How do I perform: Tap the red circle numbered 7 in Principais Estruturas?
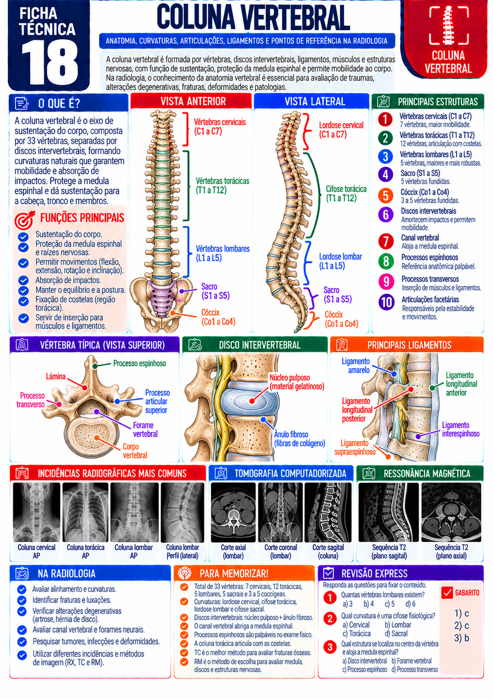point(386,241)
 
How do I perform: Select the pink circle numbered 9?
point(386,282)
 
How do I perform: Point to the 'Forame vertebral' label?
point(145,430)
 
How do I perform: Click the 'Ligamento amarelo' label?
point(355,366)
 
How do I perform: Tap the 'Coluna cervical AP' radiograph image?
point(36,512)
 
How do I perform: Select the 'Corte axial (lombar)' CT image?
point(233,512)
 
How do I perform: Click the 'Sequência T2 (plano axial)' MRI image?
point(451,512)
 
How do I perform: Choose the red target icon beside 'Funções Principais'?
point(25,219)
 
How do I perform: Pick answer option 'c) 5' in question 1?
point(390,604)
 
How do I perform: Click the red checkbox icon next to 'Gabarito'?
point(447,593)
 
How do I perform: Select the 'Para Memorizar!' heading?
point(234,573)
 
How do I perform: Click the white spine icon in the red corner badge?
point(448,24)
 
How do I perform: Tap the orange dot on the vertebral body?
point(97,438)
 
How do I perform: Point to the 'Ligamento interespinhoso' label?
point(460,430)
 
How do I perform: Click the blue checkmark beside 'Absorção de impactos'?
point(23,280)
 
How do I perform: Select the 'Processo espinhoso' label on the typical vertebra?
point(139,364)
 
